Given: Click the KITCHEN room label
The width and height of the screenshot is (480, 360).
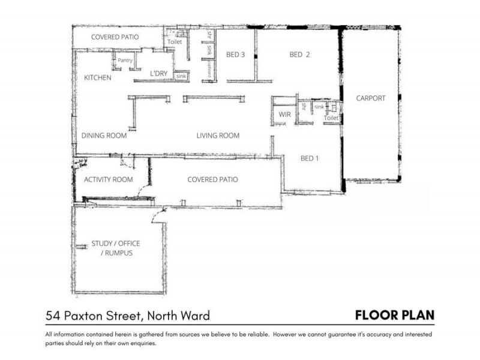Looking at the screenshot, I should coord(97,78).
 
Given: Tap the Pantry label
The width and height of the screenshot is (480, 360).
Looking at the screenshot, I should coord(125,61).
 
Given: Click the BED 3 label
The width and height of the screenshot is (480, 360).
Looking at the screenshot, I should coord(235,55).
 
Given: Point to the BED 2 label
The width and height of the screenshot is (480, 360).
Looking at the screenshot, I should coord(299,55).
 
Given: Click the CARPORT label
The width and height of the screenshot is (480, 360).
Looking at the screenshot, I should coord(370,98).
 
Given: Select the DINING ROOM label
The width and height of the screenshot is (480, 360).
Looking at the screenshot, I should coord(104,136).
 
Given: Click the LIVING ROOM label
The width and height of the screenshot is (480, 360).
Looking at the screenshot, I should coord(218,136).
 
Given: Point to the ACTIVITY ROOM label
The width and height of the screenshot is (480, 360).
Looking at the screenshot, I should coord(108,179).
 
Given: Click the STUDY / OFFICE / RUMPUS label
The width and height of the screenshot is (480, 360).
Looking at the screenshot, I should coord(115,248).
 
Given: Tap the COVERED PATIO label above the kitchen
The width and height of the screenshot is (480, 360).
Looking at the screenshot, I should coord(115,37).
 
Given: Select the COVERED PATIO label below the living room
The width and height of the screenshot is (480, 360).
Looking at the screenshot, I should coord(212,179).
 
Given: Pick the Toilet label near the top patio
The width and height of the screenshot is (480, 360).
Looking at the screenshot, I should coord(175,43).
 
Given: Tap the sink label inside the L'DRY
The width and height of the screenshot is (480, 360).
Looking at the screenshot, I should coord(180,77).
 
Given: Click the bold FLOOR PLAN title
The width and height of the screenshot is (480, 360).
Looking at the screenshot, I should coord(394,315).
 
